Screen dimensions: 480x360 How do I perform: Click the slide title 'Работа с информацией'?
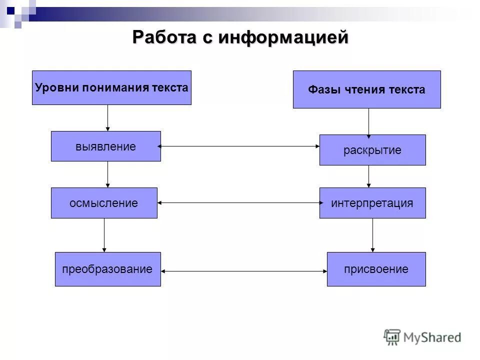240,38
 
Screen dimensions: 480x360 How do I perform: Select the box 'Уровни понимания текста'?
111,87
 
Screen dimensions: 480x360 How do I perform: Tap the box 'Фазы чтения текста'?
366,89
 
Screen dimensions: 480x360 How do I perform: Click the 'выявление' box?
105,146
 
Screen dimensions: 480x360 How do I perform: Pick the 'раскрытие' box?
372,150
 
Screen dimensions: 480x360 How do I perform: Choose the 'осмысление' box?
104,203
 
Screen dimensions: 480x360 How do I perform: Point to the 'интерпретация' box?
372,203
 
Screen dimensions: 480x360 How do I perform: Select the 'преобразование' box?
107,269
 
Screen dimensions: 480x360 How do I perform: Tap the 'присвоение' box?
376,269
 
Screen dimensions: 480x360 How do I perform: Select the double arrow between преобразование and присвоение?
244,271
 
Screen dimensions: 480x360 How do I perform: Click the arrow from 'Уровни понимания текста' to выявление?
107,118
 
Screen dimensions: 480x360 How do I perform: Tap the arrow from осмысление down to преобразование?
104,235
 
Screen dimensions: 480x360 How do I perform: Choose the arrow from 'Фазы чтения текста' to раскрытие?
369,121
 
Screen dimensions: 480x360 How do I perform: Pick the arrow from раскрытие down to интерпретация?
369,176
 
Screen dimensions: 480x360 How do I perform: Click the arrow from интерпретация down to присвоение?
372,235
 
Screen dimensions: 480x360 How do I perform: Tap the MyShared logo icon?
392,337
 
